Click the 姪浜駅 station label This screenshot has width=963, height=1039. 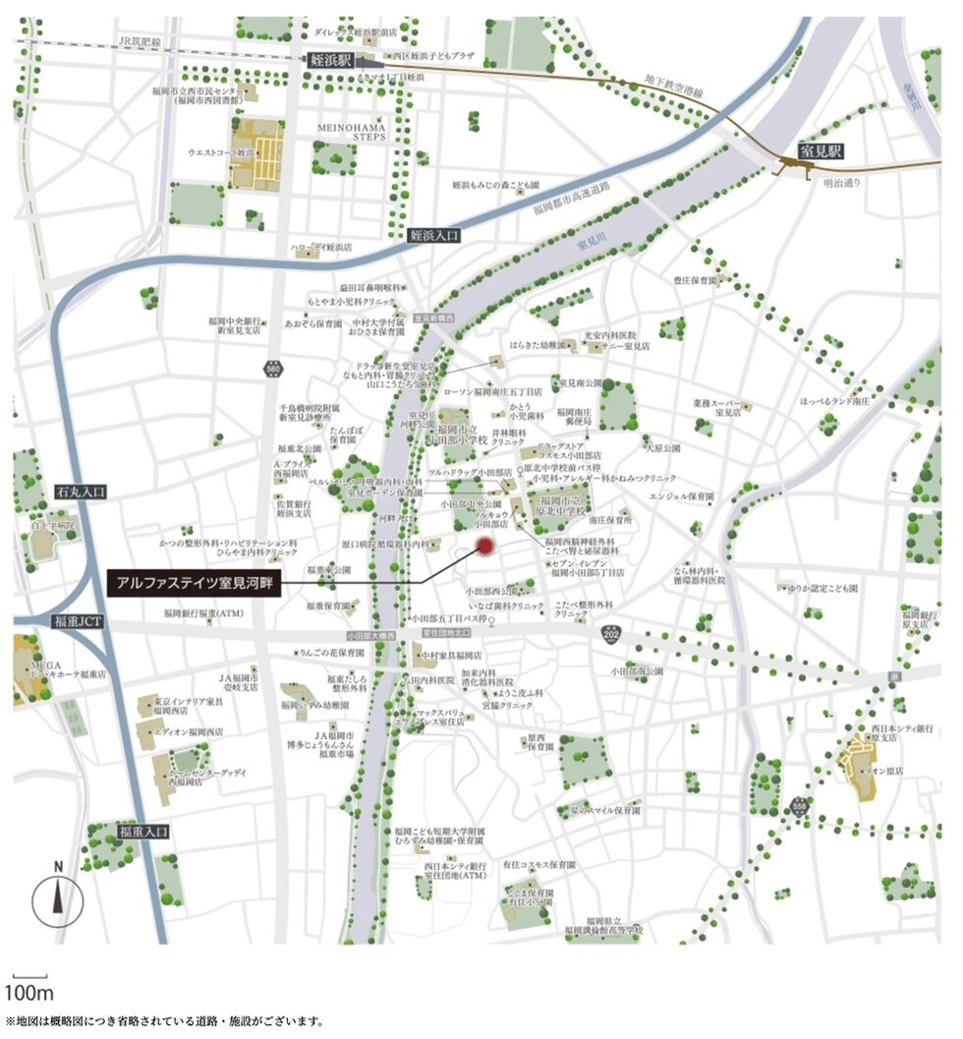tap(331, 60)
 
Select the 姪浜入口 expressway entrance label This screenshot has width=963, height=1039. tap(433, 235)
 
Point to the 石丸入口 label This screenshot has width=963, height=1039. tap(79, 490)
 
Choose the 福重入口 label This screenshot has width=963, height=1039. tap(144, 832)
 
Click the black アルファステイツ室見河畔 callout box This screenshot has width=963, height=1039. tap(194, 583)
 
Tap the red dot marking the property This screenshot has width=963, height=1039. tap(483, 547)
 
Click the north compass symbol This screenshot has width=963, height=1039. tap(58, 896)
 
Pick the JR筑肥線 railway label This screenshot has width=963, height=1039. tap(138, 40)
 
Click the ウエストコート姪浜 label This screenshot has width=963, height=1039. tap(221, 154)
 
